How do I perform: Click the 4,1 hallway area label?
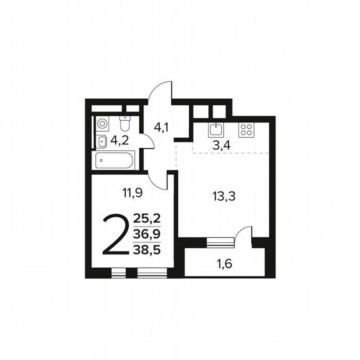[161, 127]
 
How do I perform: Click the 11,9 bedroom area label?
[132, 192]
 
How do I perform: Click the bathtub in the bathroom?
[115, 160]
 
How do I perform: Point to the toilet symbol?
[125, 123]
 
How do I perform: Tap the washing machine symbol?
[102, 123]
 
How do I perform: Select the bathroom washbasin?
[101, 142]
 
